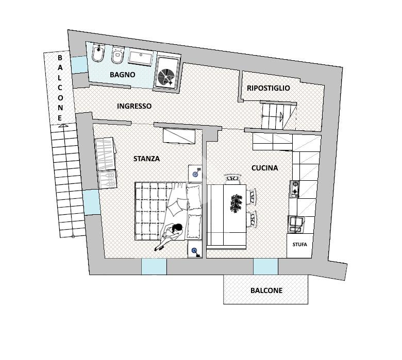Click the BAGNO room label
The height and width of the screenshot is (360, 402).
point(123,75)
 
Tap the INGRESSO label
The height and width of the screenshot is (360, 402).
point(134,106)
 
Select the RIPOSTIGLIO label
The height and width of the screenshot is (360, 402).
point(268,88)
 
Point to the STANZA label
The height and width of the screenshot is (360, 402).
point(146,159)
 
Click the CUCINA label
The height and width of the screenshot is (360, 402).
point(264,168)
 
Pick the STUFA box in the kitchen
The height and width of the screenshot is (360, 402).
point(299,245)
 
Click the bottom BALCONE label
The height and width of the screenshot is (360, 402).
point(266,290)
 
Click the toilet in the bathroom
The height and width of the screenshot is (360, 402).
point(118,56)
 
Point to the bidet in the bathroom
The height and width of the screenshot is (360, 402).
point(98,54)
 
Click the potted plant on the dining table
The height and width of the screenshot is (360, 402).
point(237,203)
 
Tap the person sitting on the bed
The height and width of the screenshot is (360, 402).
point(172,235)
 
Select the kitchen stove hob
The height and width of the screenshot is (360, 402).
point(295,190)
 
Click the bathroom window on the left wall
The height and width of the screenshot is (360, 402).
point(79,64)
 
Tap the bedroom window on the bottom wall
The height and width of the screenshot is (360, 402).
point(154,267)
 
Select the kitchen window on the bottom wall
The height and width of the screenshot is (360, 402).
point(265,267)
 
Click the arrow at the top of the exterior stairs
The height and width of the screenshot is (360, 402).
point(62,124)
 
